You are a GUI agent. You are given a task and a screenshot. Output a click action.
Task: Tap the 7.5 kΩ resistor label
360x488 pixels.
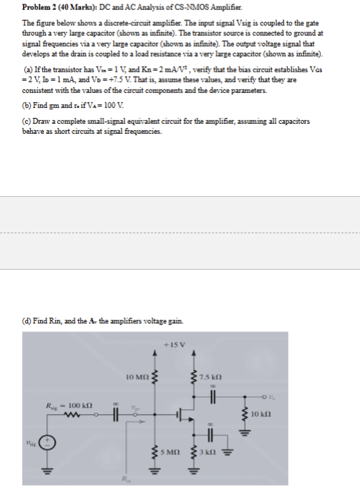(x=215, y=376)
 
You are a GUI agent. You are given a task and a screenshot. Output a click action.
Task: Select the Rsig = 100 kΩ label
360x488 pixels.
(x=61, y=405)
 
